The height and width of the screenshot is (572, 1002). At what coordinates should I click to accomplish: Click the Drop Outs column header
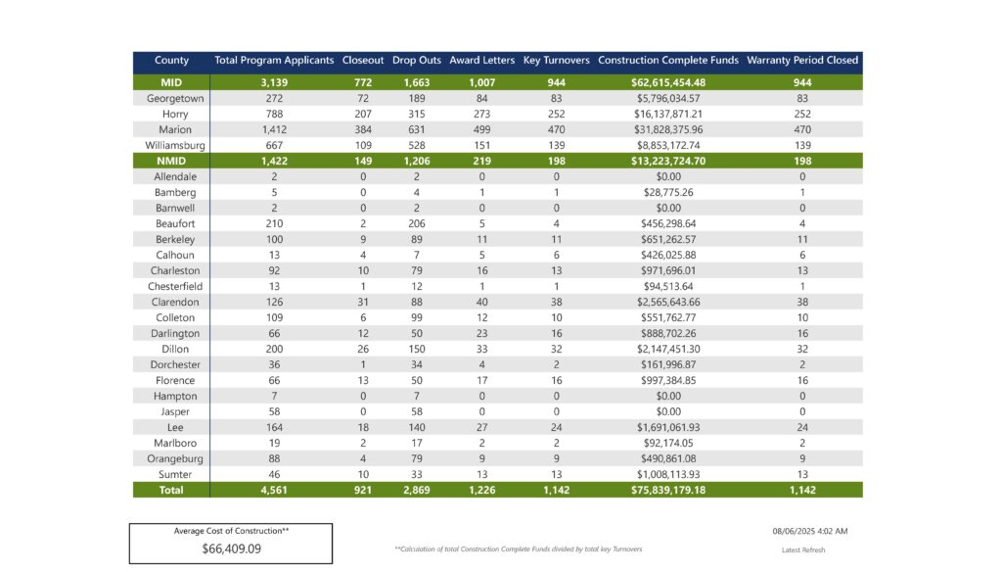[x=417, y=60]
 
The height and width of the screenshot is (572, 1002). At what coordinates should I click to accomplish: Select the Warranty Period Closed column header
[x=802, y=60]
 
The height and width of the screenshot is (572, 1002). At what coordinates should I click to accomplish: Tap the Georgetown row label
[x=175, y=99]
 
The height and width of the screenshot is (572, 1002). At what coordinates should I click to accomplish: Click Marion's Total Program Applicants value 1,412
[x=274, y=130]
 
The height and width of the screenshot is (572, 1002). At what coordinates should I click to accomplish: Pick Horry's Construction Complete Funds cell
[x=668, y=114]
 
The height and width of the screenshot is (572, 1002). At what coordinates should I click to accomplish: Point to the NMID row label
[x=171, y=162]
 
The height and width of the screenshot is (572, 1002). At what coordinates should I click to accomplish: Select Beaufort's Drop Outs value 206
[x=417, y=224]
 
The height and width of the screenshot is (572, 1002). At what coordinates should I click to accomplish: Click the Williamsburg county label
[x=175, y=145]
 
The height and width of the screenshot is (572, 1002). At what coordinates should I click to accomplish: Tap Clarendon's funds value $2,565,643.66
[x=668, y=302]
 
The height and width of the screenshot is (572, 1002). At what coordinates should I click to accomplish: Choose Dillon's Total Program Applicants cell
[x=274, y=350]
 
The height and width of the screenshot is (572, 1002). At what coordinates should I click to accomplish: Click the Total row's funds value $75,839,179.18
[x=668, y=490]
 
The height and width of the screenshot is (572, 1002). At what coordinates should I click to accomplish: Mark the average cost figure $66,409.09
[x=231, y=548]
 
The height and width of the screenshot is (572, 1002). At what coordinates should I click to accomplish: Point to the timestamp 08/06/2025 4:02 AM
[x=809, y=531]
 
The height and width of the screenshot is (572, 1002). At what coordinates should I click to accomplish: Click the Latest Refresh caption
[x=803, y=549]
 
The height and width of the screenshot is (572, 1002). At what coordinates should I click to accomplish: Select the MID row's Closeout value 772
[x=363, y=82]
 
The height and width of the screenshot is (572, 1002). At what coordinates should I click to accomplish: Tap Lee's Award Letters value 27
[x=481, y=427]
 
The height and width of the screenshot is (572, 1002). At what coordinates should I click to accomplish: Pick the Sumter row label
[x=175, y=475]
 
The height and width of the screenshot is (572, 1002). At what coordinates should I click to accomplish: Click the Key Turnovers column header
[x=556, y=60]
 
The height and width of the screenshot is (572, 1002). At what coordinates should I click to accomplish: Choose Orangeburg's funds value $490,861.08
[x=668, y=458]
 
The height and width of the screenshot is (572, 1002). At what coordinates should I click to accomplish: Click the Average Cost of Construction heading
[x=231, y=531]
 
